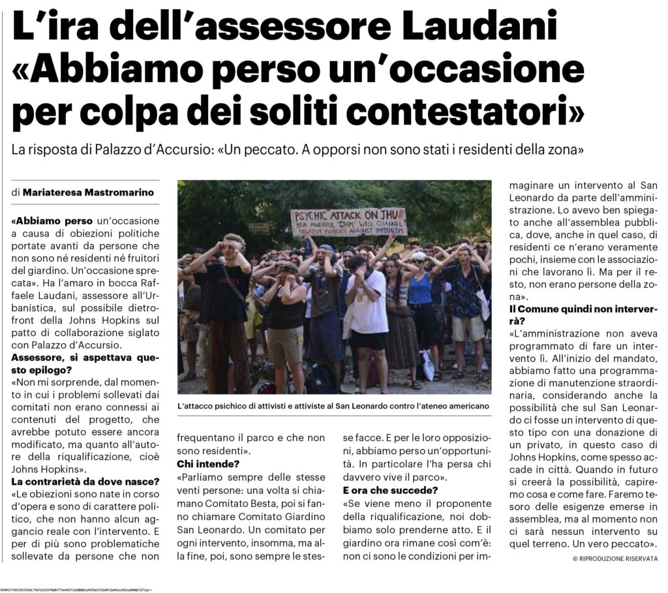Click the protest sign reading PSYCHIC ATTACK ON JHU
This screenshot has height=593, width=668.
tap(348, 222)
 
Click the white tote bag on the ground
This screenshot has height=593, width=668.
tap(428, 365)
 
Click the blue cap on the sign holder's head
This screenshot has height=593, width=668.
tap(327, 249)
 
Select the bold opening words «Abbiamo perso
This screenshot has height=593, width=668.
tap(53, 220)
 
